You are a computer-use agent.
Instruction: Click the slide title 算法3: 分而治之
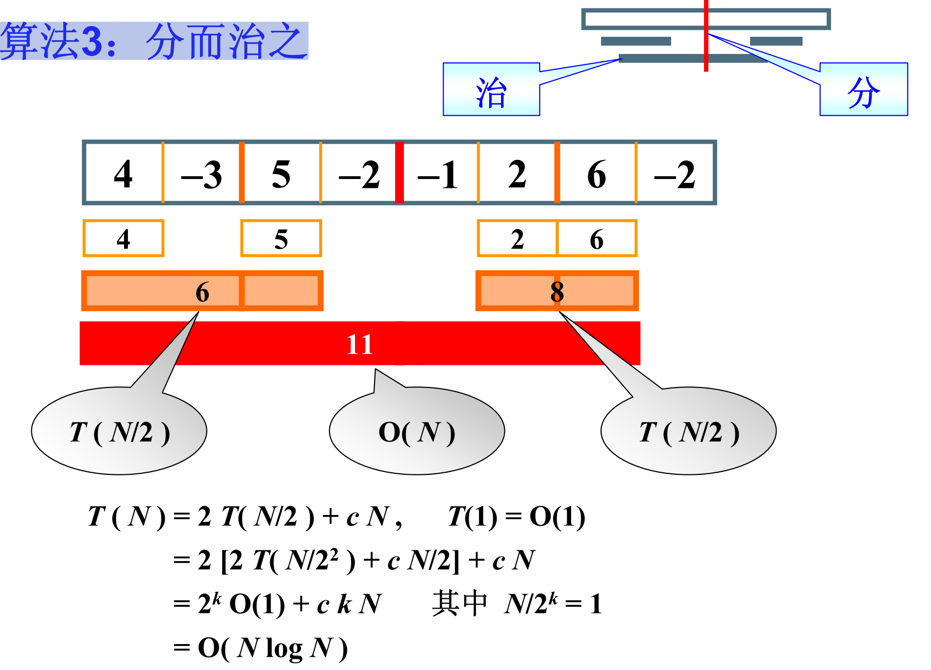point(154,41)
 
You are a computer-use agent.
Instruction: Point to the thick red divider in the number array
point(399,172)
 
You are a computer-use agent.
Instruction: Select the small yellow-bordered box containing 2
point(517,239)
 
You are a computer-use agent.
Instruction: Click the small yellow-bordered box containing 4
point(123,239)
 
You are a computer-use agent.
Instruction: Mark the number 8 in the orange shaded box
point(557,292)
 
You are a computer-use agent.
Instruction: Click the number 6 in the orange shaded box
point(202,292)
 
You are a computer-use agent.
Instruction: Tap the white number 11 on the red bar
point(359,344)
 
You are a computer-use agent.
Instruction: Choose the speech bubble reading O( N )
point(417,432)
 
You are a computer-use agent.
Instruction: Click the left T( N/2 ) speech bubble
point(119,432)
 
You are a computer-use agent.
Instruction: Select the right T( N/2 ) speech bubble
point(688,432)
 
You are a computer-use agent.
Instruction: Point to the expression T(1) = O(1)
point(516,517)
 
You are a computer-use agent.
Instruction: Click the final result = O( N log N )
point(260,647)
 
